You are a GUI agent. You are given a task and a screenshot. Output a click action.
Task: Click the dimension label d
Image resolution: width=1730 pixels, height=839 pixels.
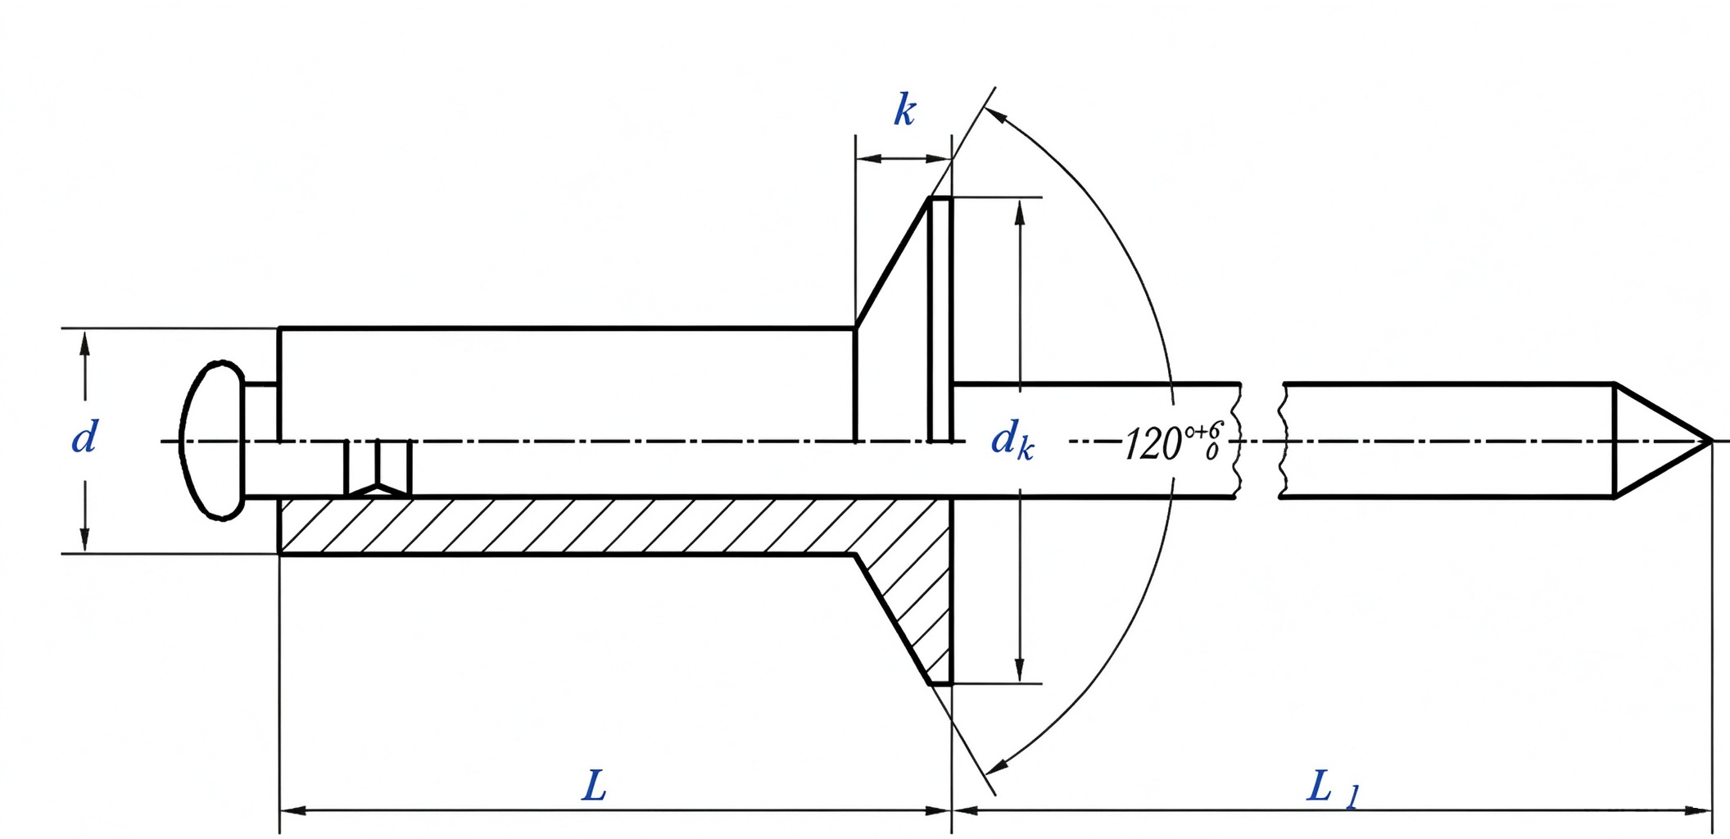(x=84, y=437)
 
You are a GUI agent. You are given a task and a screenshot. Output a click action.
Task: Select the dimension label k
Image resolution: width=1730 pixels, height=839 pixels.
(x=904, y=110)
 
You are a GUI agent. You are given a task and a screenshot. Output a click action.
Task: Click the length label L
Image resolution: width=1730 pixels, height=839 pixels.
(x=594, y=787)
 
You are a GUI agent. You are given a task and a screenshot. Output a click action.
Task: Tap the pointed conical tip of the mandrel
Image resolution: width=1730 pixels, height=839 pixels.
(x=1711, y=442)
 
